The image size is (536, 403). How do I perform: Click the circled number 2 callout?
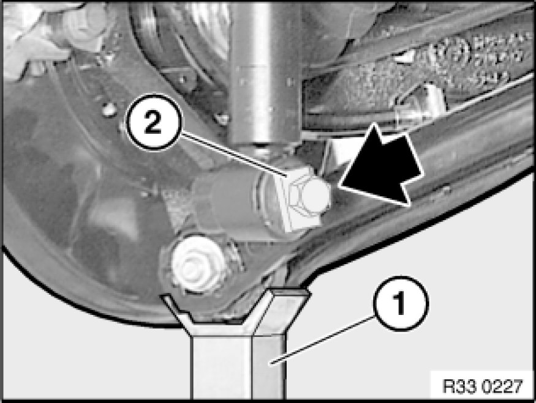154,122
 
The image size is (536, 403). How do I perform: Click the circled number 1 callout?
400,304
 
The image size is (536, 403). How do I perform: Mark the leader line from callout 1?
321,341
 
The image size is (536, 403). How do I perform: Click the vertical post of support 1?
238,367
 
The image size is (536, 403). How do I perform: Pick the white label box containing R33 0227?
482,385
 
